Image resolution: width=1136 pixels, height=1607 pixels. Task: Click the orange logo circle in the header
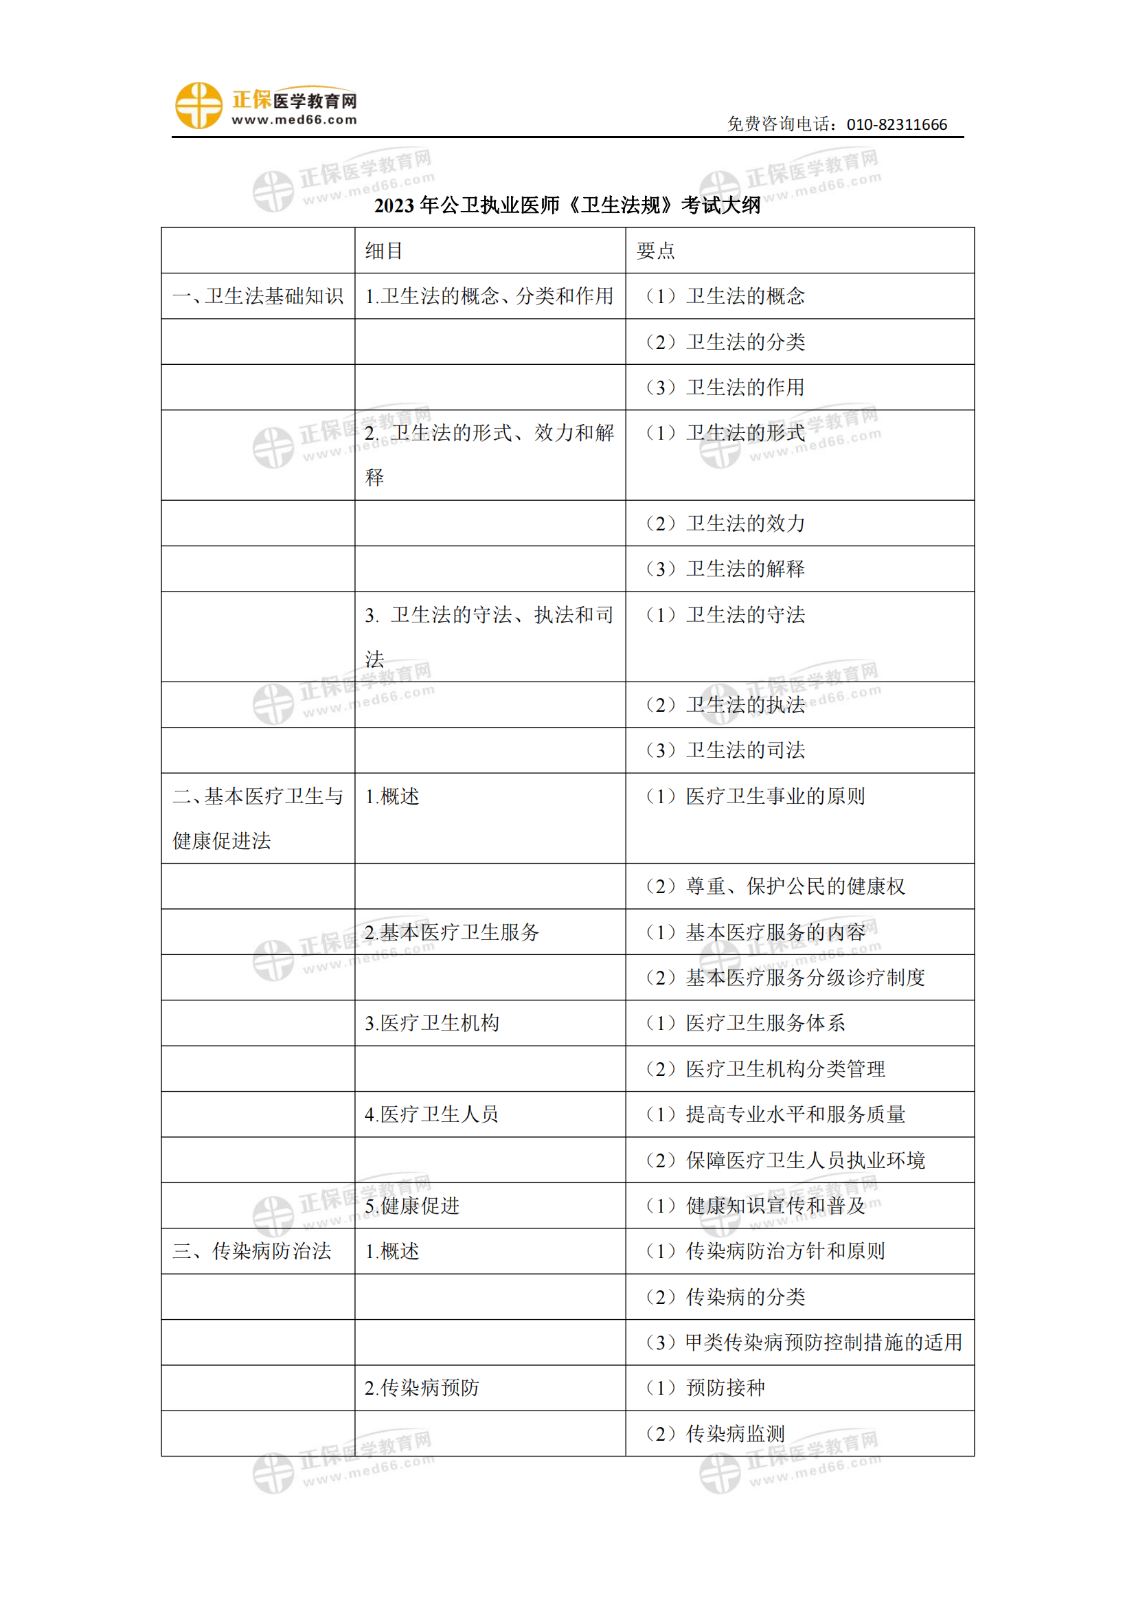[x=198, y=106]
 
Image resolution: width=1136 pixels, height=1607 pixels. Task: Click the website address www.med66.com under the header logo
[x=295, y=120]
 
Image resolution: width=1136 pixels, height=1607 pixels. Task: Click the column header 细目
[x=384, y=251]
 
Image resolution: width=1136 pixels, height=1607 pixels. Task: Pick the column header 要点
[x=655, y=251]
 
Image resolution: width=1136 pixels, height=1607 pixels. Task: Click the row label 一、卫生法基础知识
[x=258, y=296]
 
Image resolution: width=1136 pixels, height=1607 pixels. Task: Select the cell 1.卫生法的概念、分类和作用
[x=489, y=296]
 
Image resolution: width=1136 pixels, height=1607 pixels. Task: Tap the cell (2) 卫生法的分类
[x=725, y=341]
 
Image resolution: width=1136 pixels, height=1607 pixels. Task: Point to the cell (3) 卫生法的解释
[x=725, y=568]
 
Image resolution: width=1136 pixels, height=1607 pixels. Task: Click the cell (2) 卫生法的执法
[x=725, y=705]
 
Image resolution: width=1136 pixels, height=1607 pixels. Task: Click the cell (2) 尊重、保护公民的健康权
[x=775, y=886]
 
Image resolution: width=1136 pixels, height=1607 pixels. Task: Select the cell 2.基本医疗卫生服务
[x=452, y=932]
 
